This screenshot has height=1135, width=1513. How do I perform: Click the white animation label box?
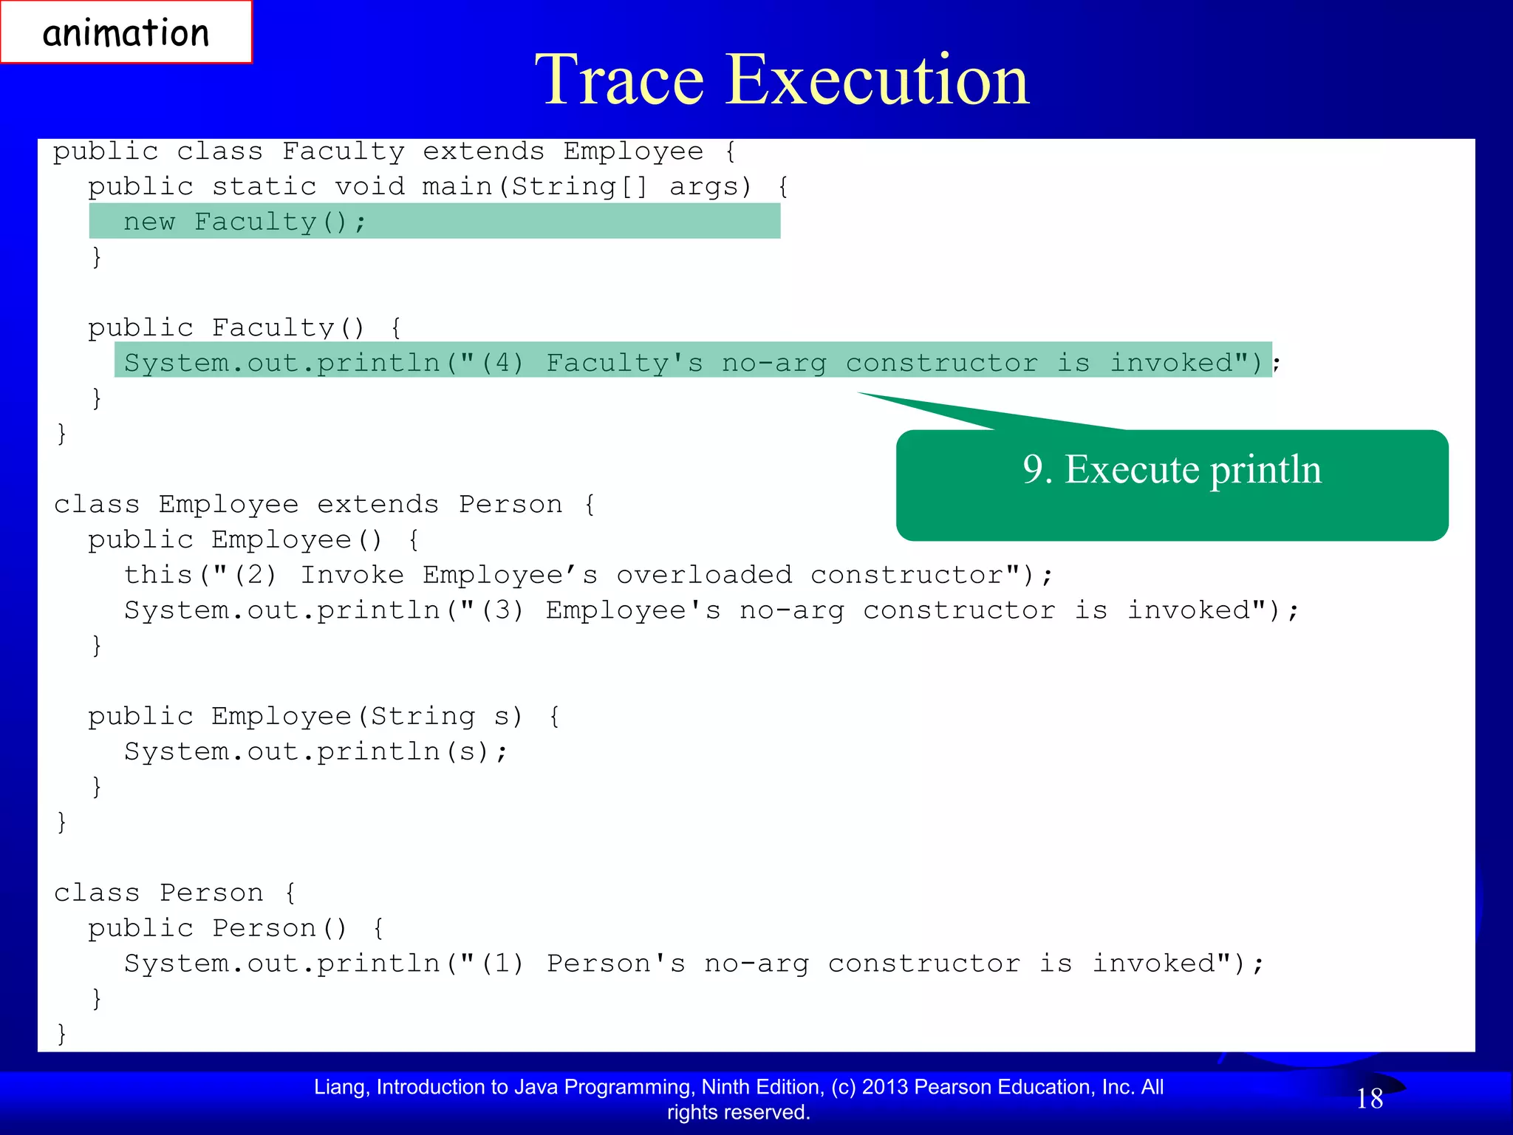pyautogui.click(x=126, y=33)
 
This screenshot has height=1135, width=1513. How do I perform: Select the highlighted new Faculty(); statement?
pyautogui.click(x=244, y=222)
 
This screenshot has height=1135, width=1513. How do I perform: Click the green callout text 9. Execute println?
pyautogui.click(x=1172, y=470)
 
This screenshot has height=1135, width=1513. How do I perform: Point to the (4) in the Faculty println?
pyautogui.click(x=502, y=363)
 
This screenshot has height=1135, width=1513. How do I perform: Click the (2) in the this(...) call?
pyautogui.click(x=256, y=575)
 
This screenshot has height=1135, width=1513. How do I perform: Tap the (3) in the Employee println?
pyautogui.click(x=502, y=610)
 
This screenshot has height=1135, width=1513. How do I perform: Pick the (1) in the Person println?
pyautogui.click(x=502, y=964)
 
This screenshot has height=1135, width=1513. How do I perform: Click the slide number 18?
pyautogui.click(x=1370, y=1099)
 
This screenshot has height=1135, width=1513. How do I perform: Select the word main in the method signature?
pyautogui.click(x=457, y=186)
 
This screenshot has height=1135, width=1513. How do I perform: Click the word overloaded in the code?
pyautogui.click(x=703, y=575)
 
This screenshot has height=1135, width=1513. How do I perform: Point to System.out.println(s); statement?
pyautogui.click(x=316, y=751)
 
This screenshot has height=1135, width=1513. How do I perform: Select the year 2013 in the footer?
pyautogui.click(x=887, y=1087)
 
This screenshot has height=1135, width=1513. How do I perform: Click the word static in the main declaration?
pyautogui.click(x=264, y=186)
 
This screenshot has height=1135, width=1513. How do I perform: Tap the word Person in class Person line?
pyautogui.click(x=211, y=893)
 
